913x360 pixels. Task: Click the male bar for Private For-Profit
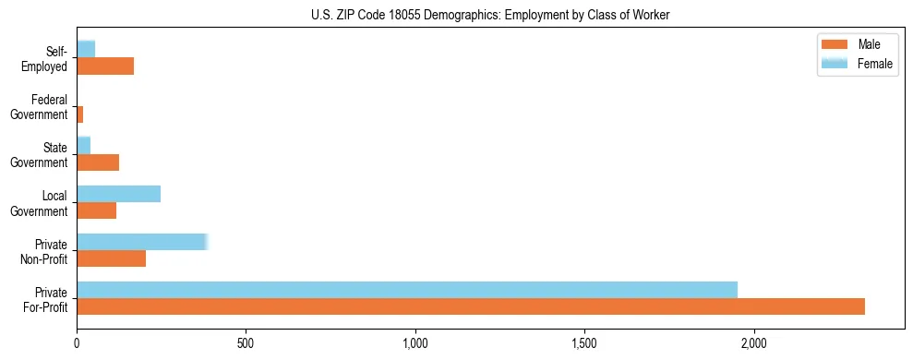[471, 306]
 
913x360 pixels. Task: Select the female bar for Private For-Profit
[407, 290]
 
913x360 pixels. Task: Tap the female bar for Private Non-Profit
[142, 242]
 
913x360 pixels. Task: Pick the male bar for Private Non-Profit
[111, 258]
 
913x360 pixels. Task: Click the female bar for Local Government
[118, 194]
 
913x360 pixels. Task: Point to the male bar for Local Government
[96, 210]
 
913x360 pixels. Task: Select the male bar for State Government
[98, 162]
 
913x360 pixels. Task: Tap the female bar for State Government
[83, 145]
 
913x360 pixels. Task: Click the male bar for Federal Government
[80, 114]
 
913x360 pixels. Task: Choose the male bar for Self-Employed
[105, 66]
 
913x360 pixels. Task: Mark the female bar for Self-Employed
[86, 49]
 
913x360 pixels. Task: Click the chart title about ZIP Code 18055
[489, 15]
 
